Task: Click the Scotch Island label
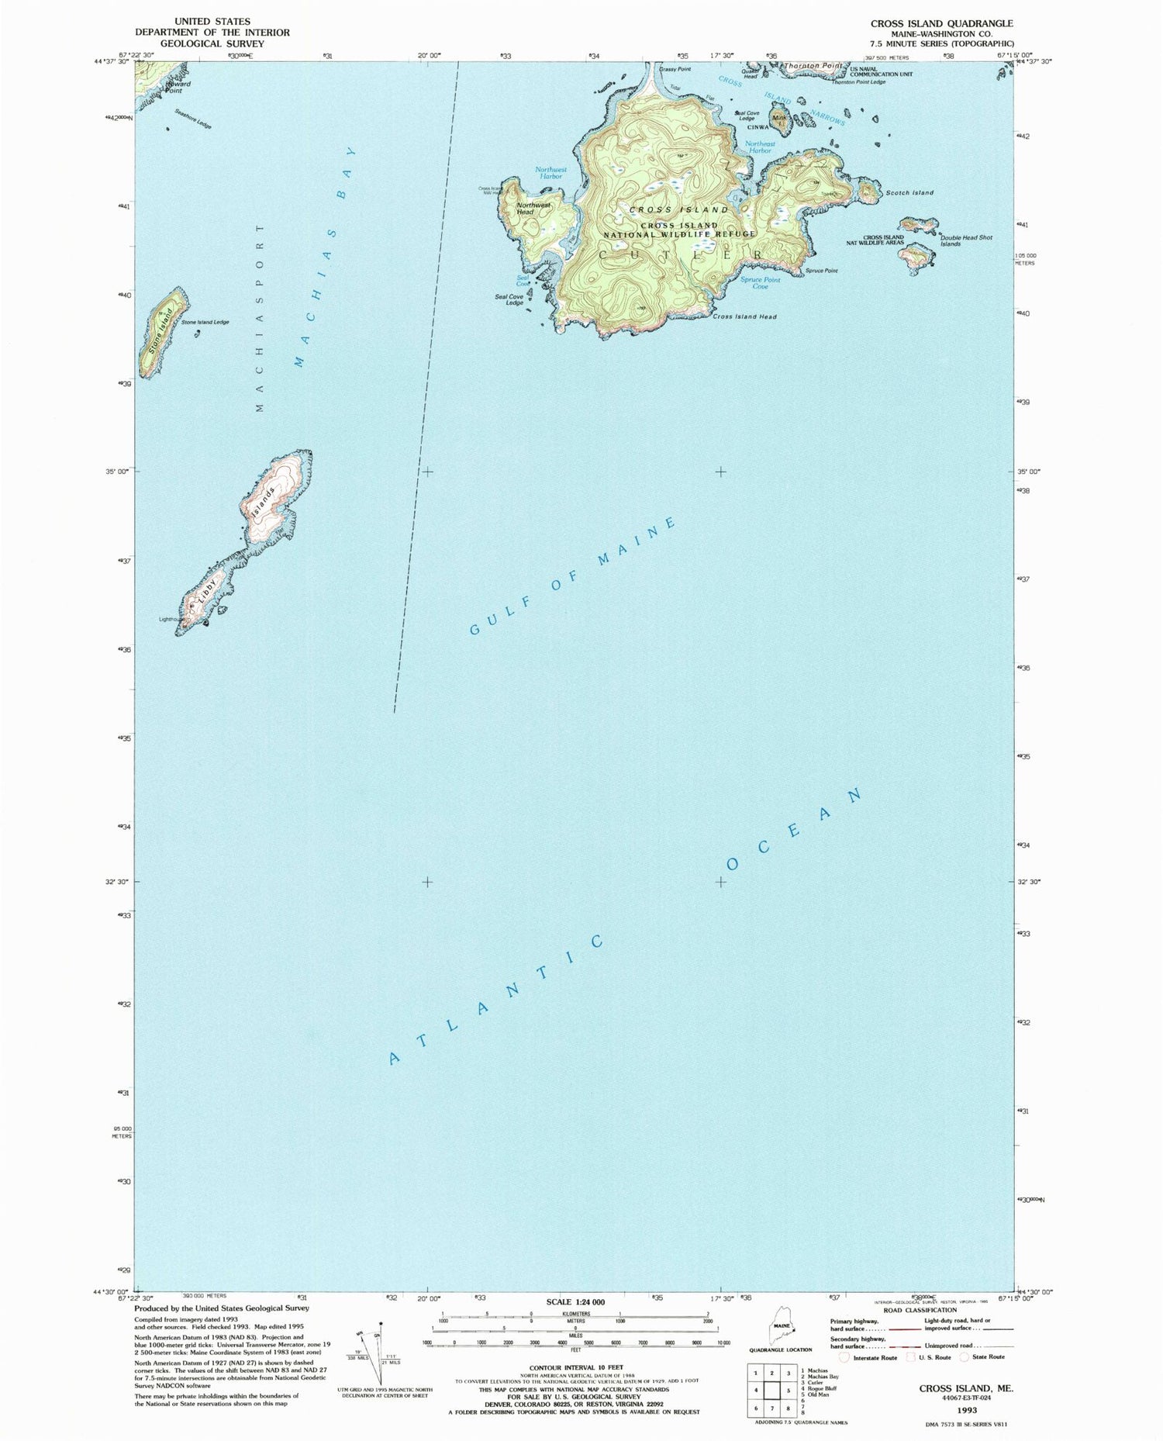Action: [x=909, y=192]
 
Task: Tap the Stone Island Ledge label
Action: [x=205, y=322]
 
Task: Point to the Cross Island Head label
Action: [x=744, y=316]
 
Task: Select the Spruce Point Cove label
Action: [x=760, y=283]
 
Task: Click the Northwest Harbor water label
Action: [x=550, y=172]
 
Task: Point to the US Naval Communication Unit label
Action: [x=881, y=72]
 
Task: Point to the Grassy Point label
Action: [x=675, y=69]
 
